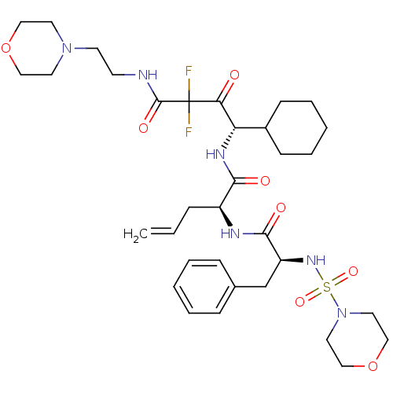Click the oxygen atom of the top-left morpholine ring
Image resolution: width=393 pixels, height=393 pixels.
tap(6, 48)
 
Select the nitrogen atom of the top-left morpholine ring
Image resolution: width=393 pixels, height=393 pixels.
tap(67, 48)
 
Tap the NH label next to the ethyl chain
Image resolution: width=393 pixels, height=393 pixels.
tap(148, 75)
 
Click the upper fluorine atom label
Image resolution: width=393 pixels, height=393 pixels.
tap(189, 71)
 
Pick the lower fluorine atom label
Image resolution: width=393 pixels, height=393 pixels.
tap(189, 132)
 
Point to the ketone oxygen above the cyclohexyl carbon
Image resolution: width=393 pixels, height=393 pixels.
tap(234, 75)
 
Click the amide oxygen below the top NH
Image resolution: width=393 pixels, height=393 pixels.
tap(143, 128)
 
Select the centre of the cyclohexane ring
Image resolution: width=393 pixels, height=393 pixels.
tap(296, 128)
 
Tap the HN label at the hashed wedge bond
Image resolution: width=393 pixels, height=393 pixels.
tap(215, 154)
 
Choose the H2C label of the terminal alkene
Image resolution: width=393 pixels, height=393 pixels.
tap(135, 234)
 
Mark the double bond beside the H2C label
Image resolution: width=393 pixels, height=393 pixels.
tap(163, 230)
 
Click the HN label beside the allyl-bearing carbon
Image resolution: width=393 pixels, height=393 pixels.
tap(230, 233)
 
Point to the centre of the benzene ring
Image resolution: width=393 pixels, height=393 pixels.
tap(204, 287)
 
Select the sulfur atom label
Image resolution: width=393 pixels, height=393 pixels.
tap(327, 287)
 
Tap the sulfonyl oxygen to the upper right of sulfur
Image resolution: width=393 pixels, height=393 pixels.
tap(353, 271)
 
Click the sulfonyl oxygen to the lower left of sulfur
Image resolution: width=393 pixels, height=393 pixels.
tap(300, 302)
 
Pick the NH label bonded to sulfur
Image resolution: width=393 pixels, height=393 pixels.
tap(316, 260)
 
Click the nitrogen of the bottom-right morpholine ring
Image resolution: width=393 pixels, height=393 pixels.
tap(342, 313)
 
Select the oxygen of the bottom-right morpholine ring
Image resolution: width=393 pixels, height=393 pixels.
tap(373, 366)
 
